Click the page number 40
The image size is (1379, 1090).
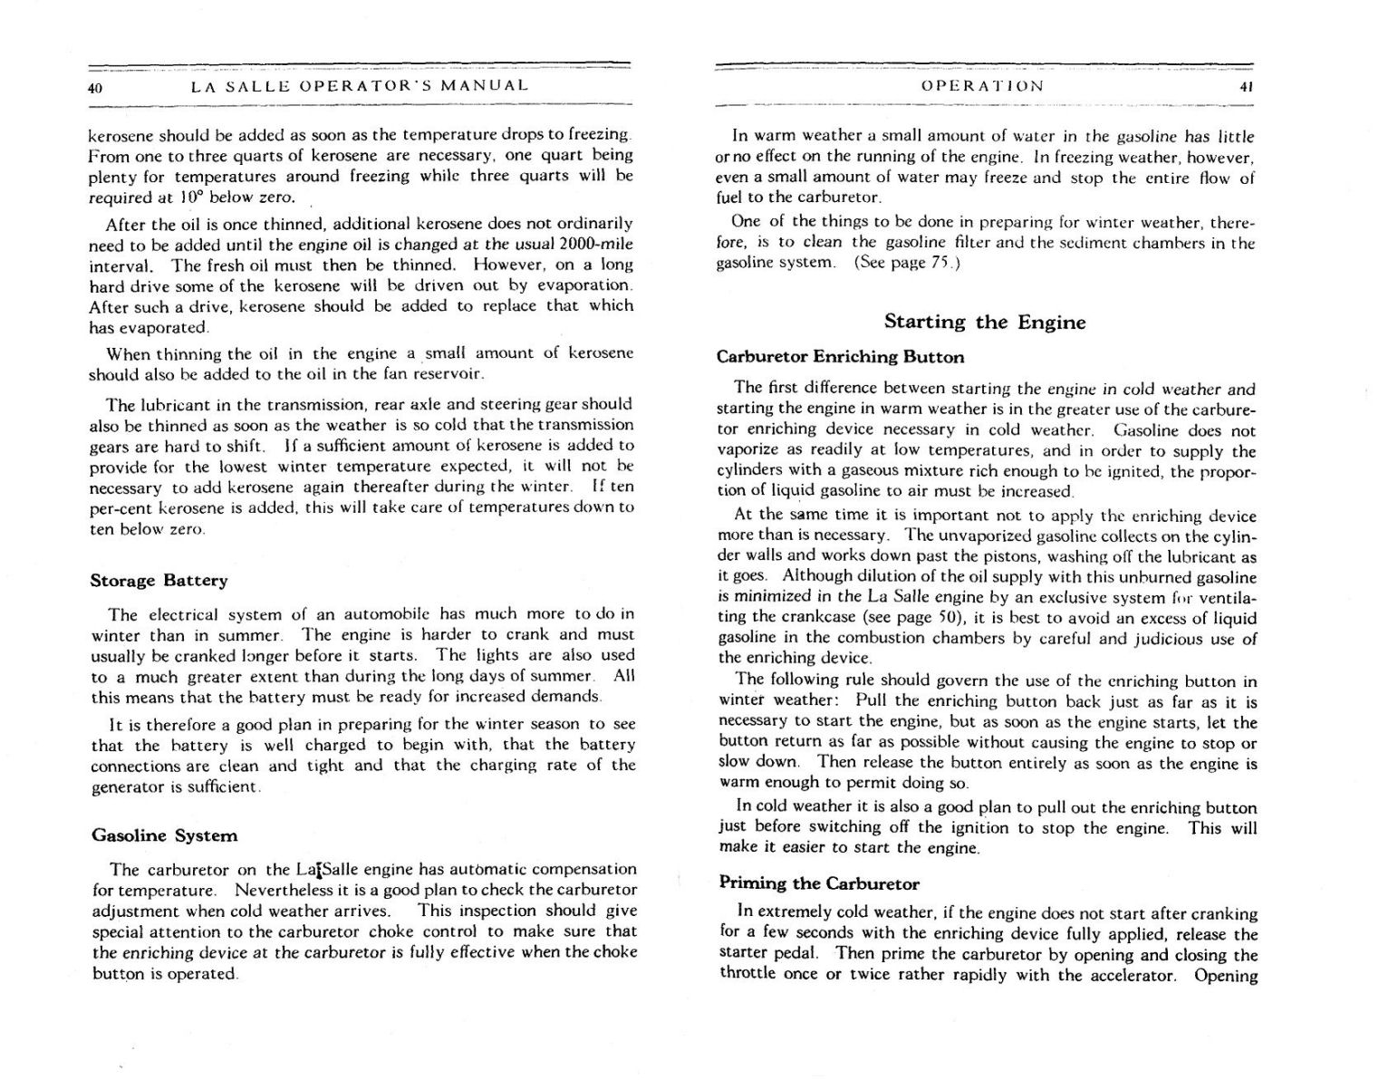click(95, 88)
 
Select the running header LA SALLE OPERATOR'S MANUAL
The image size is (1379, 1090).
click(360, 86)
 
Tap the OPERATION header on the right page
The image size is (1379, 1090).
click(982, 86)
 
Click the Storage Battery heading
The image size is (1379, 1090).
click(159, 581)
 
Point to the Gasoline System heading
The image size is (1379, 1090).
click(164, 835)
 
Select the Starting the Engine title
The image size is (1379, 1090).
click(984, 323)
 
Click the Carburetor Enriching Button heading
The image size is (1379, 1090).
click(840, 357)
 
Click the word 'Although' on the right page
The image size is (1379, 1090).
click(813, 576)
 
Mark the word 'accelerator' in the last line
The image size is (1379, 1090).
click(1133, 975)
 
